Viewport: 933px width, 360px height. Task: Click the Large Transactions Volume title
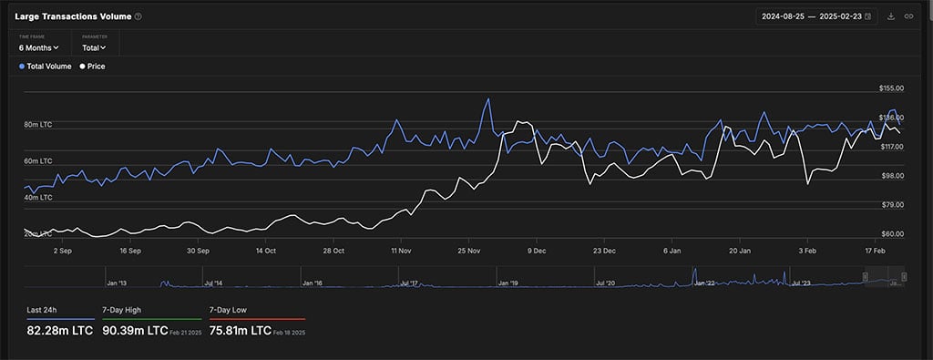72,16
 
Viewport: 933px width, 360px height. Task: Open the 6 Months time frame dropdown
38,47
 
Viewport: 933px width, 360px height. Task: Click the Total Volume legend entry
45,67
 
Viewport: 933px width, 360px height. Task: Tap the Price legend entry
93,67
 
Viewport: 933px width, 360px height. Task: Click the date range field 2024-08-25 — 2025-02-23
816,16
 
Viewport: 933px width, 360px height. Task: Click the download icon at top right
891,16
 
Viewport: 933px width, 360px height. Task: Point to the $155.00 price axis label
891,88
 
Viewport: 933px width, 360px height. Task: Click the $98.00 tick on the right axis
891,176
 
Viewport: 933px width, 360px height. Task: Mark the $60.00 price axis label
891,234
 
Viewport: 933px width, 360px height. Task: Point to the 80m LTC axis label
37,124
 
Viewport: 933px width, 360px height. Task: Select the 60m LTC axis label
37,161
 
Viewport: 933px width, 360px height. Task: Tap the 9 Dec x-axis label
536,249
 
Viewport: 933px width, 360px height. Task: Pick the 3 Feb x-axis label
807,249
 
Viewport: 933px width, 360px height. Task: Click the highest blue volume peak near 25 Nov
488,99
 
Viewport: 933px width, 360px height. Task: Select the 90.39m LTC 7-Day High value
133,330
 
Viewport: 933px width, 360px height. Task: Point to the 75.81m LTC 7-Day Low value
241,330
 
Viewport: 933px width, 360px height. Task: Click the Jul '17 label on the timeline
410,283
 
